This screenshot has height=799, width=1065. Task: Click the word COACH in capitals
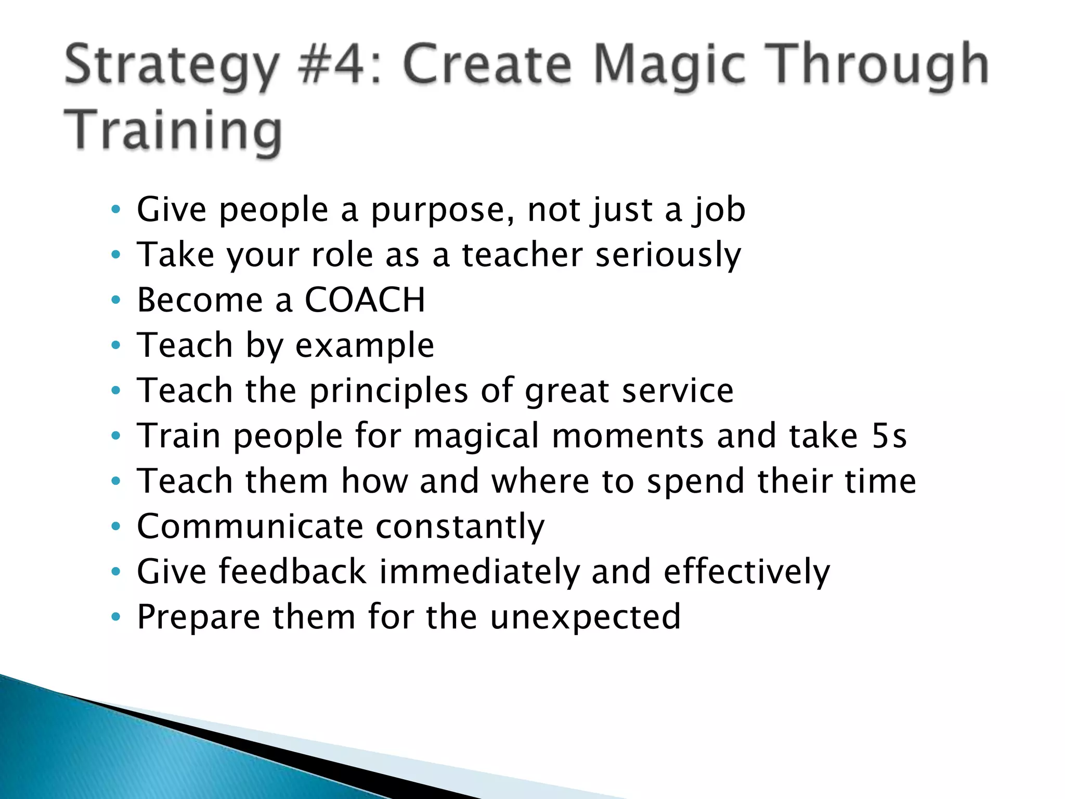[x=365, y=300]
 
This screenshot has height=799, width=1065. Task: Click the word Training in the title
[x=173, y=130]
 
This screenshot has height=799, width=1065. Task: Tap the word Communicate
[x=250, y=526]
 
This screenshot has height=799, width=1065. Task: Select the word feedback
[x=293, y=572]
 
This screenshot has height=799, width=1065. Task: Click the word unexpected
[x=585, y=617]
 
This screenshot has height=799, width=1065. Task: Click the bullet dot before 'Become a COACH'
[x=116, y=300]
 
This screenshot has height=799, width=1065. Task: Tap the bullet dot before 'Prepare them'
[x=116, y=617]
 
